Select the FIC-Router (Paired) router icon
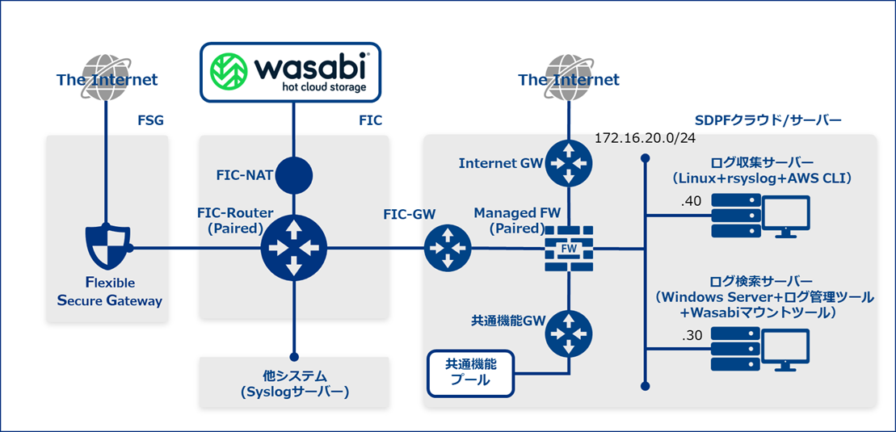pyautogui.click(x=293, y=248)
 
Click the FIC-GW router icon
pyautogui.click(x=447, y=248)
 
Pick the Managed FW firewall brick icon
pyautogui.click(x=569, y=248)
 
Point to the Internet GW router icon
pyautogui.click(x=569, y=163)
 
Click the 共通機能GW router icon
pyautogui.click(x=569, y=333)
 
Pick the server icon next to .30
pyautogui.click(x=737, y=348)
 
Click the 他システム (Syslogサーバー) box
pyautogui.click(x=294, y=384)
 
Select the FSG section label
pyautogui.click(x=151, y=121)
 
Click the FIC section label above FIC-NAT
pyautogui.click(x=370, y=121)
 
